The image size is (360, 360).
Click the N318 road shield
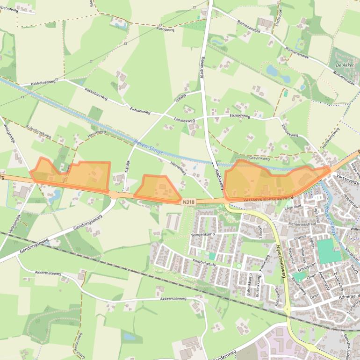(x=188, y=202)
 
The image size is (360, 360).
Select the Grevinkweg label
(x=259, y=159)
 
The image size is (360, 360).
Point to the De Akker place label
(x=345, y=66)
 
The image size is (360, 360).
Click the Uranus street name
(x=299, y=237)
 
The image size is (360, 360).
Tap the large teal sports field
(x=329, y=251)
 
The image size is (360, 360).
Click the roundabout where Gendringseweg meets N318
(x=114, y=194)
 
